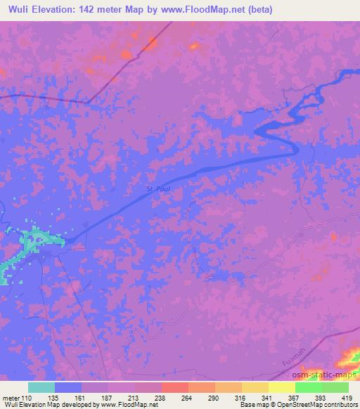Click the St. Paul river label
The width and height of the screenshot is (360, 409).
[160, 188]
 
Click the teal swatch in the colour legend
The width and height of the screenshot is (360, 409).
[41, 387]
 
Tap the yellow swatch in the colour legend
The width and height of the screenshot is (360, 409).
[281, 387]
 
